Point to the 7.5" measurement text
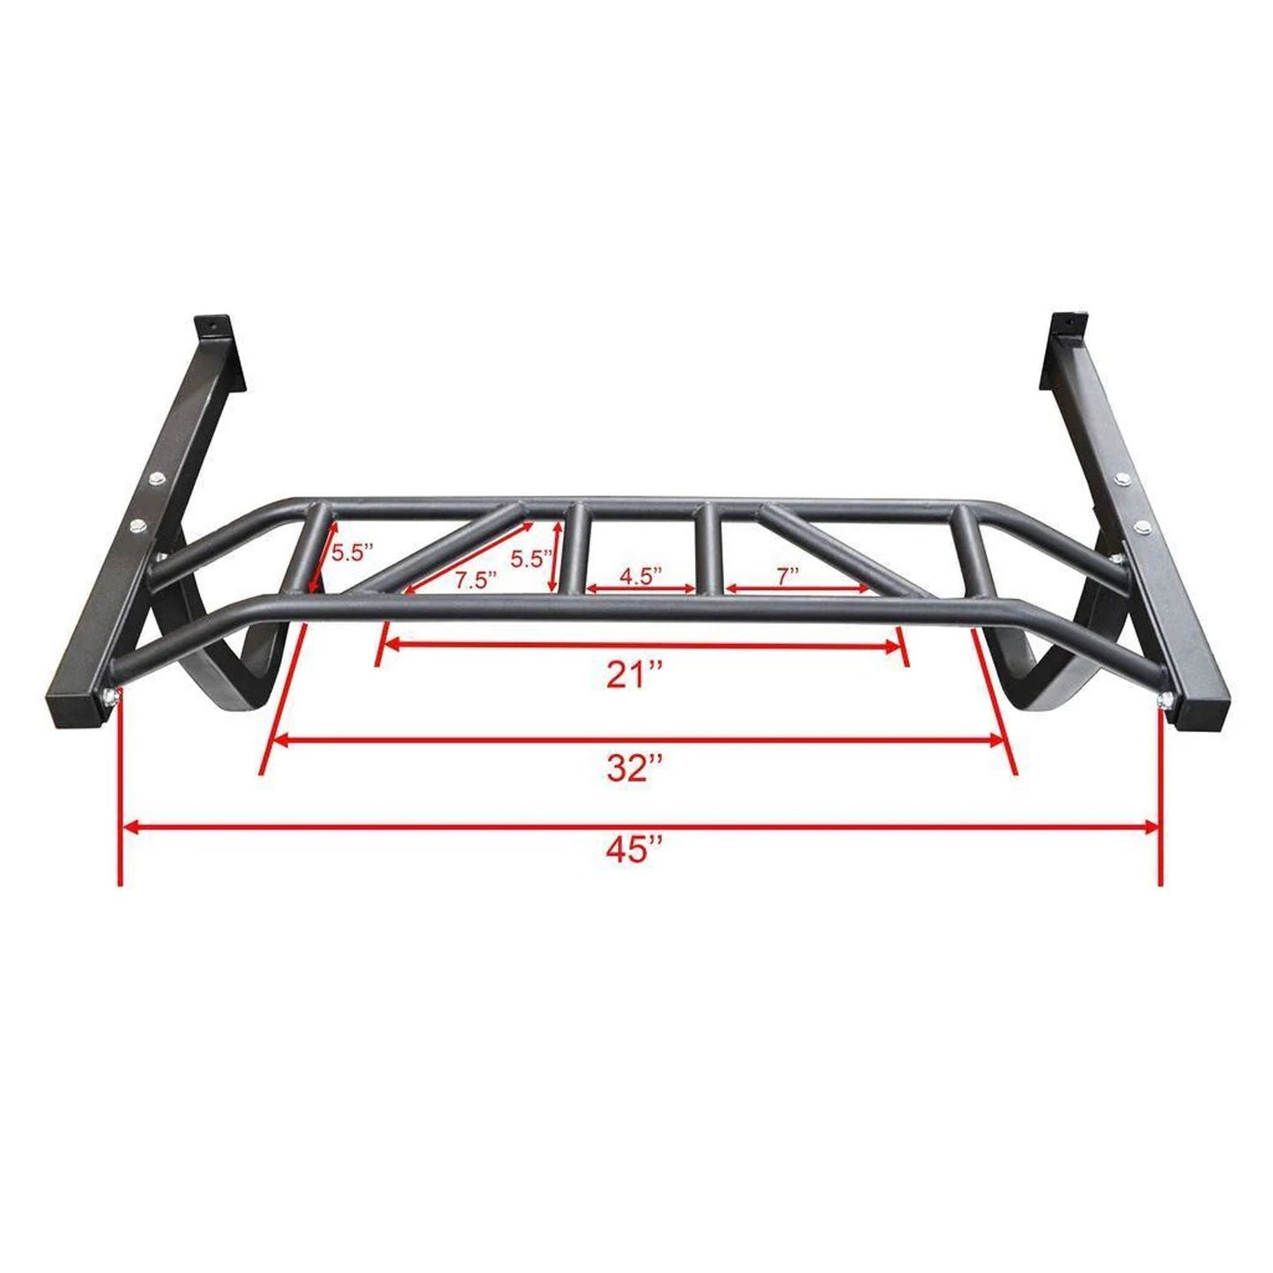point(476,579)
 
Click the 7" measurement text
point(787,574)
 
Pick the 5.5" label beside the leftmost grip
point(352,552)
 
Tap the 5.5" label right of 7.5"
point(531,558)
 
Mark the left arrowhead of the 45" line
point(129,826)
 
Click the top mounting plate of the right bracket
point(1063,327)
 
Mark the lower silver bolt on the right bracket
point(1142,528)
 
